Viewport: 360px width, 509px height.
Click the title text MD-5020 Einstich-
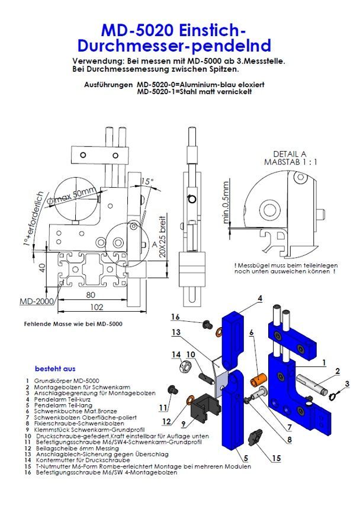coord(172,30)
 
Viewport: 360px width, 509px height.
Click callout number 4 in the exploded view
coord(259,299)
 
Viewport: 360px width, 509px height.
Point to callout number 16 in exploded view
coord(175,316)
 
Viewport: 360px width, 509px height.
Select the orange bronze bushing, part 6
coord(259,377)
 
